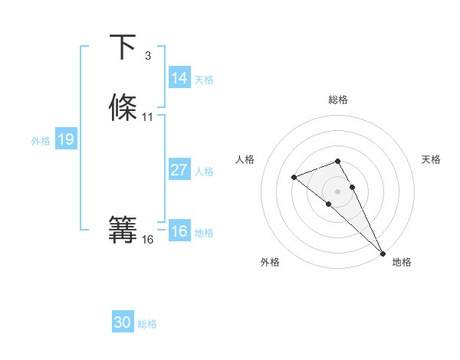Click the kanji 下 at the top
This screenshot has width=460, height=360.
[x=123, y=47]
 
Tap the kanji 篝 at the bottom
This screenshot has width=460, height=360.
[x=123, y=230]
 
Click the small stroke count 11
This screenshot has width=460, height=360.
[x=148, y=117]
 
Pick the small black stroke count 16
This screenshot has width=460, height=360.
[x=148, y=240]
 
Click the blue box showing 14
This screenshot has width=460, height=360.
[x=179, y=78]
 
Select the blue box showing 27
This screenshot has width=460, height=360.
[x=179, y=170]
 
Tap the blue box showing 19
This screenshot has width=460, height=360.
[x=65, y=139]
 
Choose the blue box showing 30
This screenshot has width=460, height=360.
[x=123, y=323]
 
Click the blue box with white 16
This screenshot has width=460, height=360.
[x=179, y=231]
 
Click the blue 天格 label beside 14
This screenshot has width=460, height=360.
[x=204, y=80]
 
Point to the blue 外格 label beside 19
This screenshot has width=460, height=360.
[x=41, y=141]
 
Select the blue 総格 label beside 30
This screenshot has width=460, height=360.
[x=147, y=325]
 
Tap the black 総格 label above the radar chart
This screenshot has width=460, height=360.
[x=338, y=100]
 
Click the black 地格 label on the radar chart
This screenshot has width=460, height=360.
[x=402, y=262]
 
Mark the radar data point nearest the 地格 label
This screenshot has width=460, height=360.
[x=383, y=254]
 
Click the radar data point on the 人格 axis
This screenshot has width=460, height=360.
[x=294, y=178]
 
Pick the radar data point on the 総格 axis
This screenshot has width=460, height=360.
[x=338, y=161]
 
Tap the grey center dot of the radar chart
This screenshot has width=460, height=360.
[x=338, y=191]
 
